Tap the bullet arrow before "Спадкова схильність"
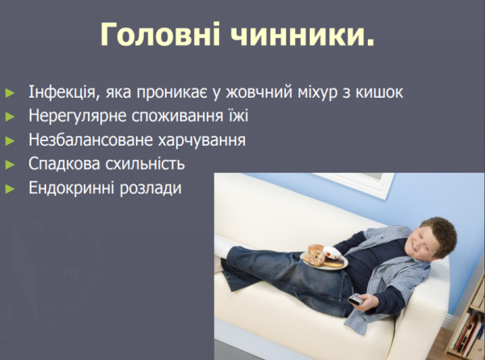pyautogui.click(x=10, y=164)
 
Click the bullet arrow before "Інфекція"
pyautogui.click(x=10, y=91)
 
